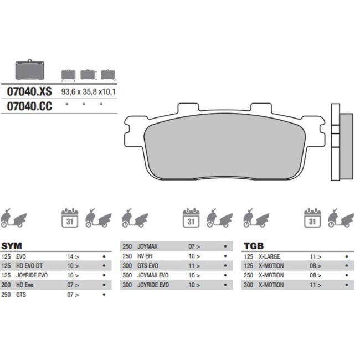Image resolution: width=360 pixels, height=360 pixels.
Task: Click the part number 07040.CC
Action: coord(29,106)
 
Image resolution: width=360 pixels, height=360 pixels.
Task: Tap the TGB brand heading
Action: coord(253,245)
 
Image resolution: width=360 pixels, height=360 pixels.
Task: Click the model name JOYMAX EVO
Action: coord(153,275)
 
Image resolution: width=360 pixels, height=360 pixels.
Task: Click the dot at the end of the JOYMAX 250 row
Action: coord(225,247)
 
